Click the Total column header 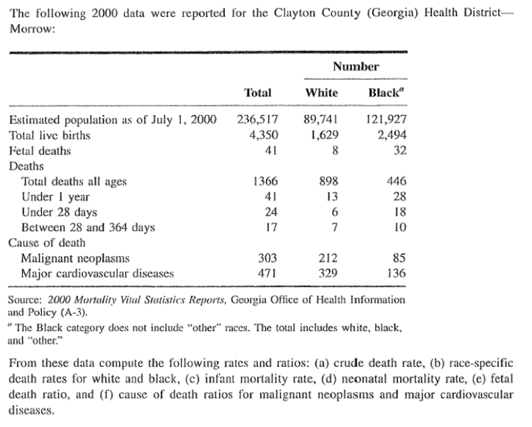coord(257,93)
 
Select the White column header coord(322,93)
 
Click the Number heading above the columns coord(355,66)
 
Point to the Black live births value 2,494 coord(392,135)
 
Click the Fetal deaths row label coord(40,151)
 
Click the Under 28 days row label coord(59,212)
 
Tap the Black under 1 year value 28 coord(400,197)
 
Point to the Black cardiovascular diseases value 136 coord(397,274)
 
